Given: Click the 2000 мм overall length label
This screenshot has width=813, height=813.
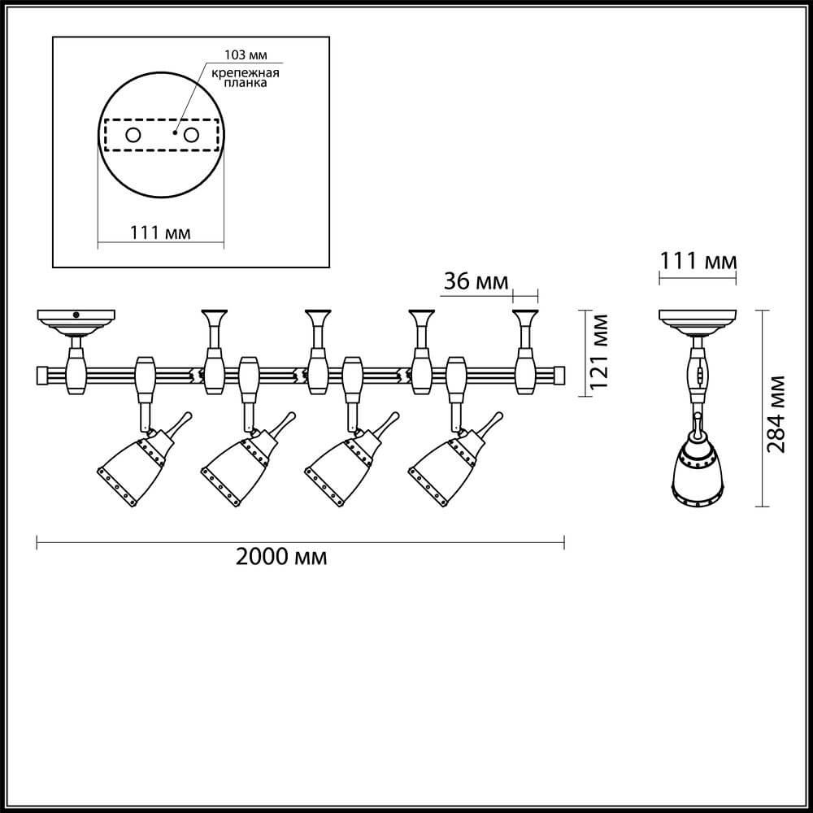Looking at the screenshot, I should click(x=281, y=557).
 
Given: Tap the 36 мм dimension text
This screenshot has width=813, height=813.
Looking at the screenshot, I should click(x=476, y=281).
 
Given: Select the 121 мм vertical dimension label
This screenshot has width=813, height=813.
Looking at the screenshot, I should click(x=600, y=351).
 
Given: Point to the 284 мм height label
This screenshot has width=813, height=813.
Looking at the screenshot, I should click(x=778, y=415).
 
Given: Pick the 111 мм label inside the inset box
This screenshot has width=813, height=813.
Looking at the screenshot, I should click(x=160, y=233).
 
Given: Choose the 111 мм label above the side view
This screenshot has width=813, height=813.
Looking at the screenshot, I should click(x=697, y=261).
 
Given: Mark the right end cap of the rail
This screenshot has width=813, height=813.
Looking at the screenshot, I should click(x=558, y=376).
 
